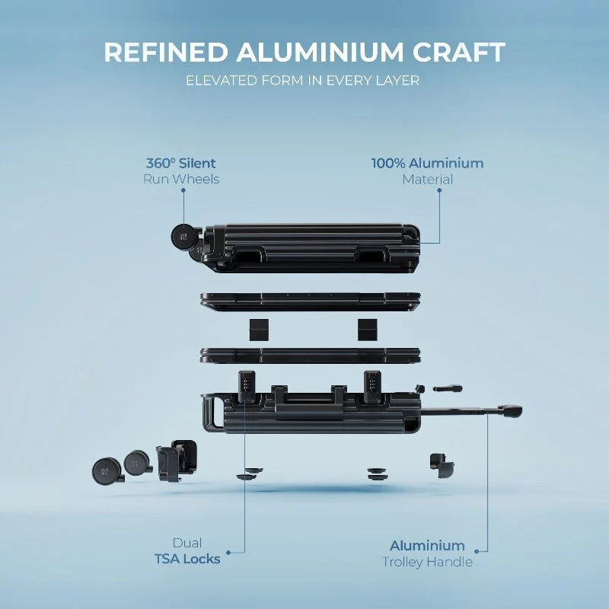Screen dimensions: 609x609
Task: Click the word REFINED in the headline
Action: (166, 52)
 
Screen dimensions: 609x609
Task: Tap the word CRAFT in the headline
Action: (459, 52)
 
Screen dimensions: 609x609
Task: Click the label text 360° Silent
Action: (181, 163)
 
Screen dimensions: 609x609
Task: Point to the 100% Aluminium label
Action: (428, 163)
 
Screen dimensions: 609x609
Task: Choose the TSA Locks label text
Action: (187, 559)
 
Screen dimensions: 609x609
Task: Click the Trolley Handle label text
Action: (427, 562)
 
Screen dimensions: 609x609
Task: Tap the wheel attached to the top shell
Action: (184, 236)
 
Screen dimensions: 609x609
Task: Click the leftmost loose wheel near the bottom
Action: (107, 471)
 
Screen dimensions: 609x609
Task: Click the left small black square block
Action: (259, 330)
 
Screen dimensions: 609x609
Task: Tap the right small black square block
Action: (368, 330)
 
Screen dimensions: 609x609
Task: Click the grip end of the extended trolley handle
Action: (511, 411)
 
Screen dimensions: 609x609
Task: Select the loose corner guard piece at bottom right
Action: (442, 466)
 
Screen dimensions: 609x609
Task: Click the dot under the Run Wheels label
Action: (183, 190)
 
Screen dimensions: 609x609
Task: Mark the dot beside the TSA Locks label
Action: (228, 553)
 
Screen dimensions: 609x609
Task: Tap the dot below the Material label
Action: (439, 190)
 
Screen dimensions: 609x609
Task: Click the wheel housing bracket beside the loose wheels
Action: (177, 461)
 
